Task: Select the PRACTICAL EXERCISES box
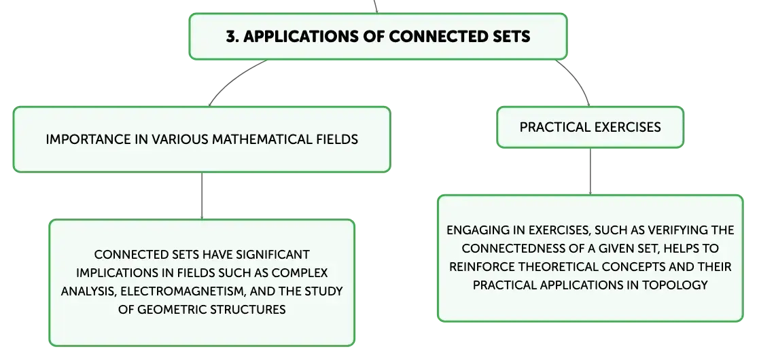click(x=590, y=127)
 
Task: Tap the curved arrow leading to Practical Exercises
click(x=578, y=79)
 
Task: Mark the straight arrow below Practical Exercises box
click(x=590, y=171)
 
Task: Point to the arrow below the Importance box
click(x=202, y=196)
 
